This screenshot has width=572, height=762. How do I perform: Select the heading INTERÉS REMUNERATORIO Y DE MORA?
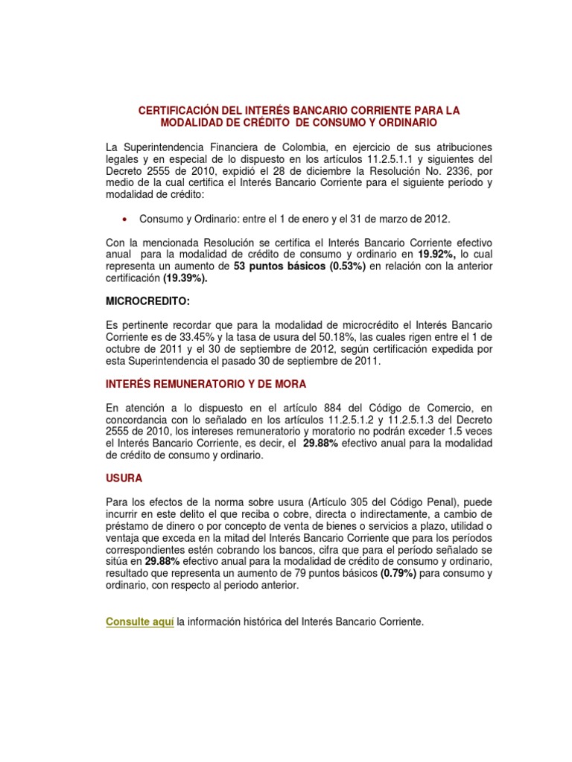pyautogui.click(x=206, y=384)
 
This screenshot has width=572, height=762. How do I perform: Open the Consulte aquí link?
pyautogui.click(x=140, y=621)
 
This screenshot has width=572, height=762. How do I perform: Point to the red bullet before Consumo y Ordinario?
pyautogui.click(x=125, y=220)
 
